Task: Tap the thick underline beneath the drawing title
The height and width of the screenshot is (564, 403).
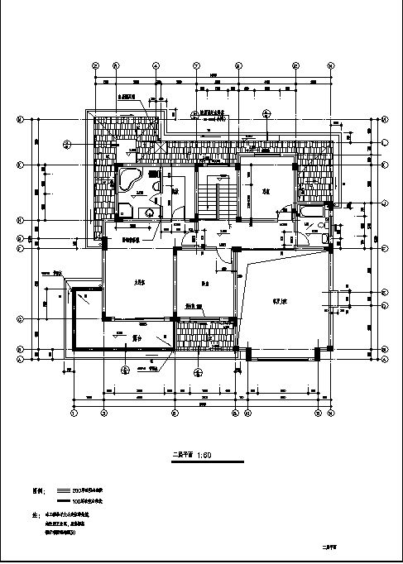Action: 207,461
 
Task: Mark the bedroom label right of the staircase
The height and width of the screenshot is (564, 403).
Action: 266,190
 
